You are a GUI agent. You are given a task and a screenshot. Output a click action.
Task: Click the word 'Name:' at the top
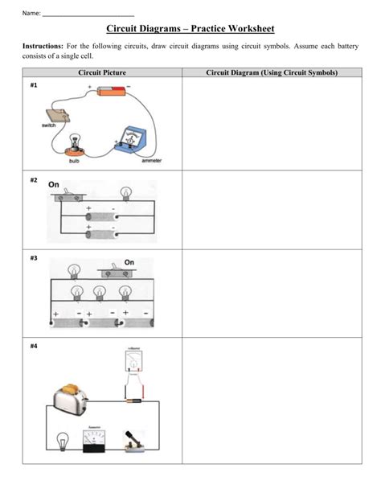coord(31,13)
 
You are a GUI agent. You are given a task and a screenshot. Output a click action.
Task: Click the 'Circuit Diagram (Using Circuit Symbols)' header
coord(272,73)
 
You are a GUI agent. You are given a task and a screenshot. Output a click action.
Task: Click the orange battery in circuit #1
coord(110,92)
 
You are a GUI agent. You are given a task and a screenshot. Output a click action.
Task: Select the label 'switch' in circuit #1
coord(49,126)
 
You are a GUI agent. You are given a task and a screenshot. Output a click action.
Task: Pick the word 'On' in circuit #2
coord(55,184)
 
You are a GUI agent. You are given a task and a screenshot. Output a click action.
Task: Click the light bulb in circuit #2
coord(125,193)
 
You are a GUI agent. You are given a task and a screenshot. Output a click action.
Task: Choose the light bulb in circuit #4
coord(63,440)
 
